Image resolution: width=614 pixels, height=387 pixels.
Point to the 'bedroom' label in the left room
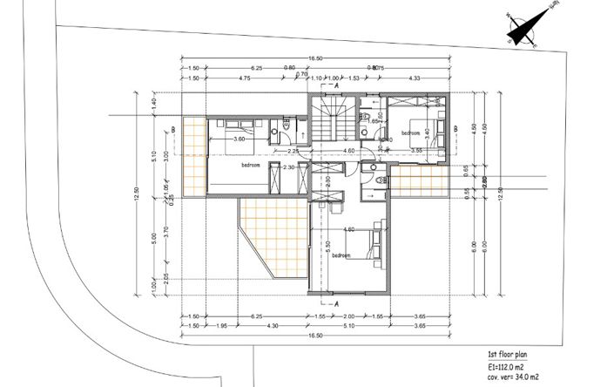[251, 166]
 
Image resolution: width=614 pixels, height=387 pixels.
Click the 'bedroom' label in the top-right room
[411, 132]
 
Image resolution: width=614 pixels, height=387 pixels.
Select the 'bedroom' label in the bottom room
[341, 255]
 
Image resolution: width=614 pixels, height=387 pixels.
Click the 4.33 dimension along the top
[415, 78]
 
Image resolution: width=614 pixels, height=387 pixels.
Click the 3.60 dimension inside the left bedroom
[236, 139]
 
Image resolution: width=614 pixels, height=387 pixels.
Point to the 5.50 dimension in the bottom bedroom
[328, 246]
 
